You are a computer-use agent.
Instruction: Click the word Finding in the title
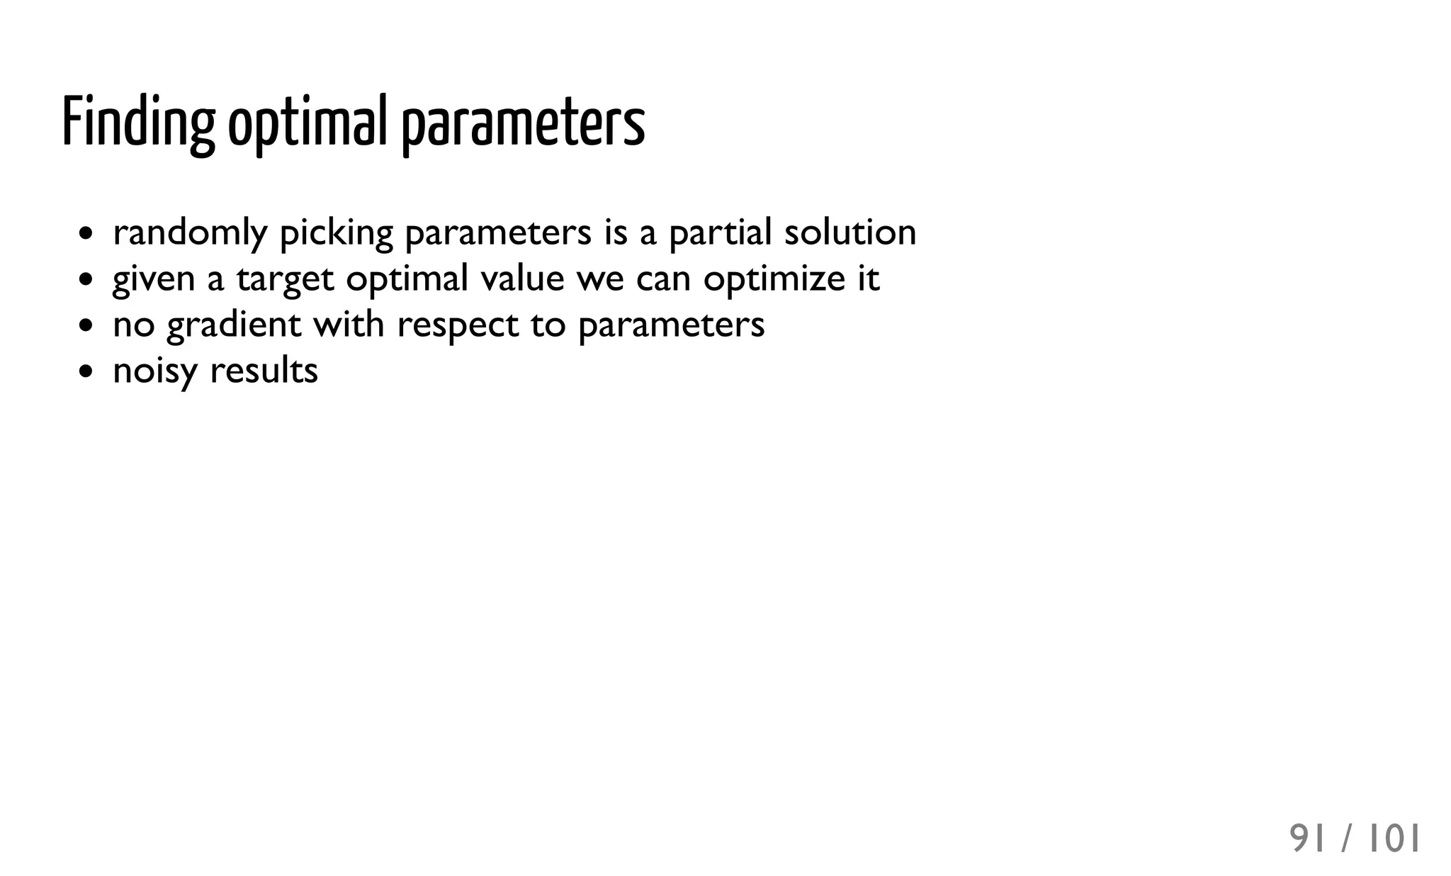138,122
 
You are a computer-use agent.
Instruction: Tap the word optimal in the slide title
307,122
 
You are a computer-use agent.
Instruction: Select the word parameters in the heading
524,122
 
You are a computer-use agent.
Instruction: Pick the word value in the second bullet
522,279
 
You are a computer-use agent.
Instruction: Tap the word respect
458,325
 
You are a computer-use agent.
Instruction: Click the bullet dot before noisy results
86,371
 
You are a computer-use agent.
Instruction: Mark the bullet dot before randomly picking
86,233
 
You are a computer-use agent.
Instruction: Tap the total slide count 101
1394,839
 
